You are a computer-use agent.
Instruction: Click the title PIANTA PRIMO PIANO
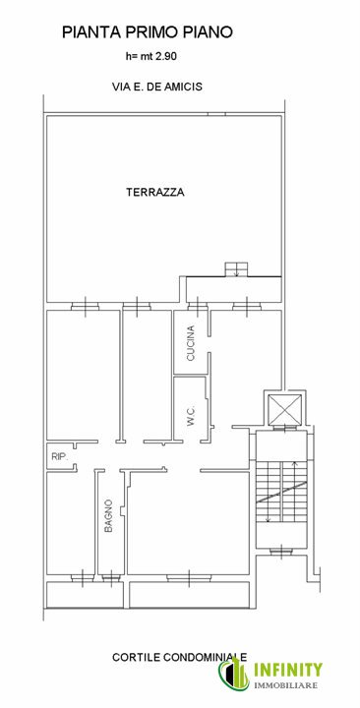[x=148, y=32]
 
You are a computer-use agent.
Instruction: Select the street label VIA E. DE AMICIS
[x=157, y=87]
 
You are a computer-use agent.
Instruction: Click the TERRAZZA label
[x=155, y=192]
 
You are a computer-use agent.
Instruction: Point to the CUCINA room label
[x=191, y=343]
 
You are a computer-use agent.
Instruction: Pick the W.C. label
[x=191, y=415]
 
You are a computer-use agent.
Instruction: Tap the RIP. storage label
[x=59, y=457]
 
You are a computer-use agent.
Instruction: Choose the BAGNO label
[x=108, y=515]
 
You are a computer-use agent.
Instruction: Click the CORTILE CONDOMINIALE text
[x=179, y=657]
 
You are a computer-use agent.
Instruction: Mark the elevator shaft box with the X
[x=285, y=409]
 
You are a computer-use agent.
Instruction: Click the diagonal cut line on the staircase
[x=281, y=493]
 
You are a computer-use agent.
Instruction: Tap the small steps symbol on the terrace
[x=236, y=268]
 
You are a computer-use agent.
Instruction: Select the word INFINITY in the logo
[x=288, y=670]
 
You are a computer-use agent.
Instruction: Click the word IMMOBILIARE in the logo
[x=286, y=685]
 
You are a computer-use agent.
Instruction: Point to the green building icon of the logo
[x=234, y=674]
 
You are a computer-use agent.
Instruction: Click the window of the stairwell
[x=282, y=551]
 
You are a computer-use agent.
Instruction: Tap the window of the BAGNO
[x=110, y=577]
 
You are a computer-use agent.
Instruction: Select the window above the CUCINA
[x=198, y=307]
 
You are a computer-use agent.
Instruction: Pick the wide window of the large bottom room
[x=189, y=577]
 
